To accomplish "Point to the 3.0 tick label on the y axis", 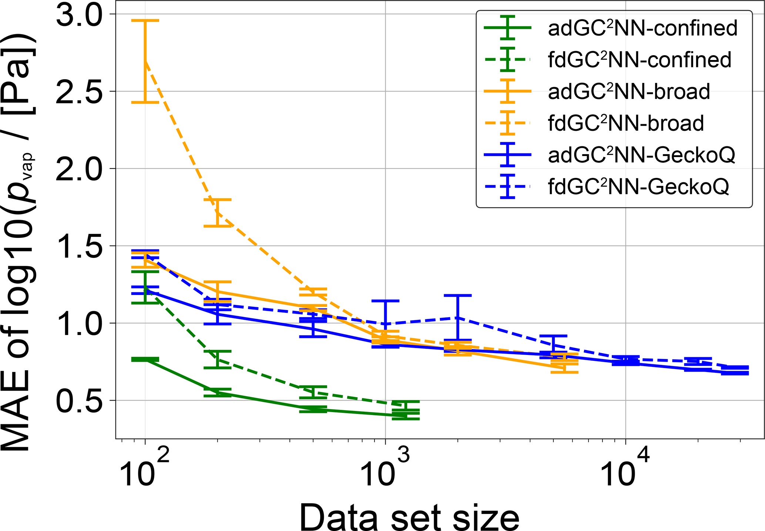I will (x=78, y=15).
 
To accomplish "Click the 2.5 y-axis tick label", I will (x=78, y=92).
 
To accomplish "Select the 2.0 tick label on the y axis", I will (x=78, y=169).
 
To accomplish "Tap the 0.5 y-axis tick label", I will (x=78, y=401).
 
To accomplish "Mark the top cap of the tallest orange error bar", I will (x=145, y=21).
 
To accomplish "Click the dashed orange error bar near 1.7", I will (x=218, y=213).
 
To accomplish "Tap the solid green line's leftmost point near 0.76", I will (x=145, y=359).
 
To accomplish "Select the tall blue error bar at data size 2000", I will (x=458, y=318).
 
